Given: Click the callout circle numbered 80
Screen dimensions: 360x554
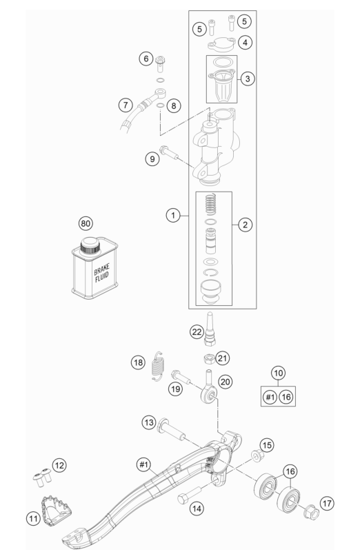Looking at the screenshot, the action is pyautogui.click(x=86, y=223).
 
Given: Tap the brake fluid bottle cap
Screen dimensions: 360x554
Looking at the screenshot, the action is pyautogui.click(x=90, y=245).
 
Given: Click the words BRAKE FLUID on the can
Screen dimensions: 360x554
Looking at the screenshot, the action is pyautogui.click(x=101, y=272).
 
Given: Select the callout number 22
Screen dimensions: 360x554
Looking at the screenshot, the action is pyautogui.click(x=197, y=331).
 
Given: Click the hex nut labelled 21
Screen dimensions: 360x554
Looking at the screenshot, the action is pyautogui.click(x=209, y=359).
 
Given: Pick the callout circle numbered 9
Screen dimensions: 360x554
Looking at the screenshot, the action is pyautogui.click(x=152, y=158).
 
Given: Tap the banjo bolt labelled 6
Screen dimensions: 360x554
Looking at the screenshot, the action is pyautogui.click(x=161, y=63).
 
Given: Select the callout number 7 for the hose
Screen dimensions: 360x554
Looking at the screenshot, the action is pyautogui.click(x=126, y=105).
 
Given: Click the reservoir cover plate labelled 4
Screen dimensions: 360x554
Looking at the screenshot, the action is pyautogui.click(x=221, y=44).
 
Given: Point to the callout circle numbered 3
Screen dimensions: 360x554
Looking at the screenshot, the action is pyautogui.click(x=248, y=79).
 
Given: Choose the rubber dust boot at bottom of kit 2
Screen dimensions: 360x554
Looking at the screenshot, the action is pyautogui.click(x=211, y=291).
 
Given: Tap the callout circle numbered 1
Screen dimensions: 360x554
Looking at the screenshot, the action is pyautogui.click(x=173, y=215).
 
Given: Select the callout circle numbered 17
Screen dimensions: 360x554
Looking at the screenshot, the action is pyautogui.click(x=327, y=503).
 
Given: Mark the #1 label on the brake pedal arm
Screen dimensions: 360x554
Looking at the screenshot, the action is pyautogui.click(x=143, y=464).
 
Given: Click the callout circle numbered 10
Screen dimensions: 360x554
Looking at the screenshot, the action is pyautogui.click(x=279, y=373).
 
